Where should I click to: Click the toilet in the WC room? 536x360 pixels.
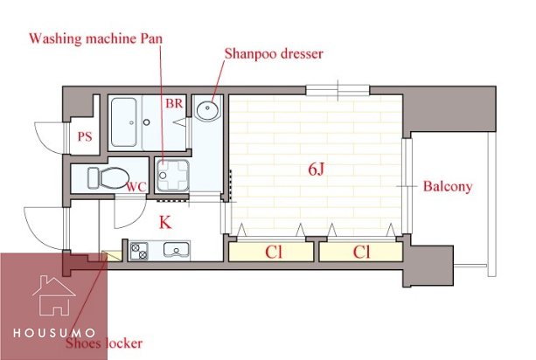click(x=108, y=177)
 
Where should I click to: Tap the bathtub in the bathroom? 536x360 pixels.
click(x=124, y=122)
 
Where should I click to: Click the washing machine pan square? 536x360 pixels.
click(x=172, y=176)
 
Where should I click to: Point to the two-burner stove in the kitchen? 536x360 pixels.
click(x=140, y=251)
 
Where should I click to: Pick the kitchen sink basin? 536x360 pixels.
click(x=177, y=249)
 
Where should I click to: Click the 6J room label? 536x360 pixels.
click(x=316, y=170)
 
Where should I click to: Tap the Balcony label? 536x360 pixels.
click(x=448, y=186)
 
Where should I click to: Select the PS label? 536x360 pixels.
click(x=85, y=136)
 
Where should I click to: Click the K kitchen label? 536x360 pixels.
click(x=165, y=222)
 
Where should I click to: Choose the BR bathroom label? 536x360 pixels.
click(x=174, y=103)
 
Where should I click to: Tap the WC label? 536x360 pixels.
click(x=136, y=187)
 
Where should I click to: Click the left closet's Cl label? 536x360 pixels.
click(x=274, y=252)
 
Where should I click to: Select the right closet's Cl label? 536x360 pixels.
click(x=361, y=252)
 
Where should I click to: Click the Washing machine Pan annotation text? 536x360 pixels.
click(x=95, y=38)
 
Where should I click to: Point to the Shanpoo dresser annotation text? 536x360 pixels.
click(x=274, y=53)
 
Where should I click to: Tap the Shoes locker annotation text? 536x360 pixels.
click(x=104, y=343)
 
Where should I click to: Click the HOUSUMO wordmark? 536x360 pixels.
click(x=54, y=333)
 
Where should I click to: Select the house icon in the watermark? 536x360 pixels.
click(x=54, y=295)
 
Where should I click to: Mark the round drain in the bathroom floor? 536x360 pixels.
click(x=147, y=122)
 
